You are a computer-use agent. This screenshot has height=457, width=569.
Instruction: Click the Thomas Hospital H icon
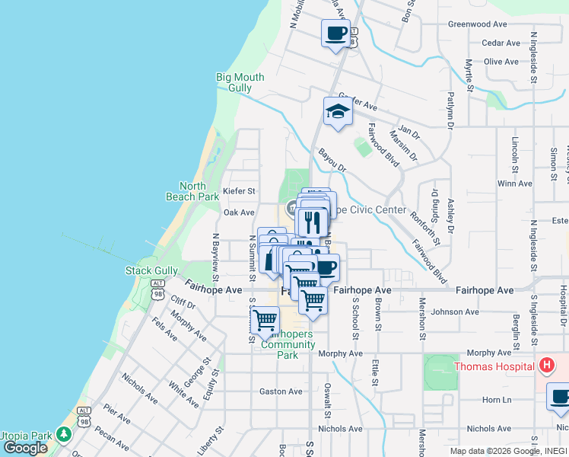(x=545, y=366)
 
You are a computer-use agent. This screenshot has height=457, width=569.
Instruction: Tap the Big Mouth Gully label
(x=240, y=82)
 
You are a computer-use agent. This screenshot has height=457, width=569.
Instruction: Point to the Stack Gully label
(x=153, y=270)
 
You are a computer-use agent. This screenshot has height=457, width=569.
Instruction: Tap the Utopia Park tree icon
(x=64, y=436)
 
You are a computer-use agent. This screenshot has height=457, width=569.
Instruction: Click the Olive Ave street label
(x=501, y=62)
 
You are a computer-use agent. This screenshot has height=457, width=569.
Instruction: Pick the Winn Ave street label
(x=514, y=184)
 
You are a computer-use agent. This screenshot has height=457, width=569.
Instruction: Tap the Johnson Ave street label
(x=455, y=312)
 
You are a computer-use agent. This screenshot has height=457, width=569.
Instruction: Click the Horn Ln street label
(x=496, y=399)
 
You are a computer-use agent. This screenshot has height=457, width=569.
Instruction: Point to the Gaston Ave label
(x=281, y=391)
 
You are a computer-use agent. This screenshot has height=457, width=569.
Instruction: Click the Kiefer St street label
(x=239, y=191)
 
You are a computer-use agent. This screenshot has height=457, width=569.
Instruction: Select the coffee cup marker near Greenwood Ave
(x=335, y=34)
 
